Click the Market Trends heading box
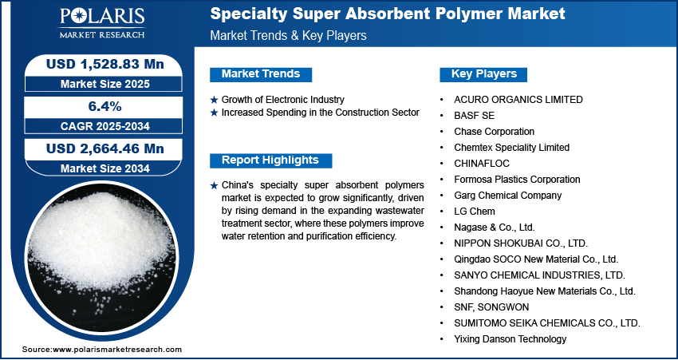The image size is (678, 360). pos(260,74)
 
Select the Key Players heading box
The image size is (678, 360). pos(483,74)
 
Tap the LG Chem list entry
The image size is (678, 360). pos(475,212)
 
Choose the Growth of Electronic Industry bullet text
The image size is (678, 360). pos(282,100)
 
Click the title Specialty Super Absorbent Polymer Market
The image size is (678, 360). pos(387,14)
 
